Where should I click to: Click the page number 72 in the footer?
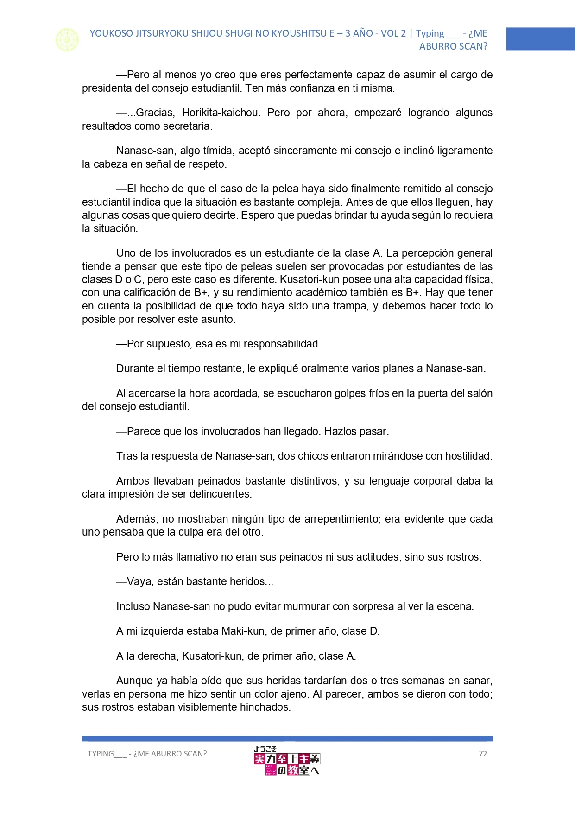point(483,754)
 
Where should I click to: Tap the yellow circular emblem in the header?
point(67,40)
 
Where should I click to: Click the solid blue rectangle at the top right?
point(540,39)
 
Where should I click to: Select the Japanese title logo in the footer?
point(287,761)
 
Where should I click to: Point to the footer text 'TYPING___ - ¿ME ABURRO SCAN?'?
point(147,754)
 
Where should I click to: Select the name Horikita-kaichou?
point(221,113)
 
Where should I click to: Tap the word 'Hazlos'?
point(341,432)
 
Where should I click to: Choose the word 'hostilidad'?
point(468,456)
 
